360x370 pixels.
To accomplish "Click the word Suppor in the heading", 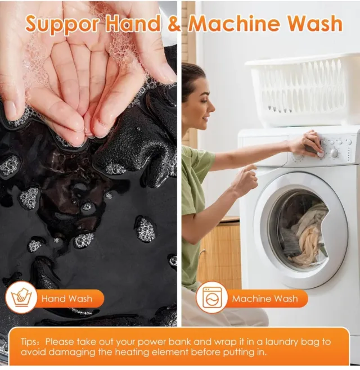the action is tap(62, 24).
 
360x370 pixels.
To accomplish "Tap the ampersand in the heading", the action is tap(174, 24).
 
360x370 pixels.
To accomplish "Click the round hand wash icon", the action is tap(21, 297).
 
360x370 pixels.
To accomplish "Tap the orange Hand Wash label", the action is tap(67, 299).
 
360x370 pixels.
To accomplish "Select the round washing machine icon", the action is tap(212, 297).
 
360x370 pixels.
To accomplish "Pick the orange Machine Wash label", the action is tap(265, 299).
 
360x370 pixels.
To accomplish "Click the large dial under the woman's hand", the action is tap(334, 153).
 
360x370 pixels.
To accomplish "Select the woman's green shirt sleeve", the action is tap(198, 158).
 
